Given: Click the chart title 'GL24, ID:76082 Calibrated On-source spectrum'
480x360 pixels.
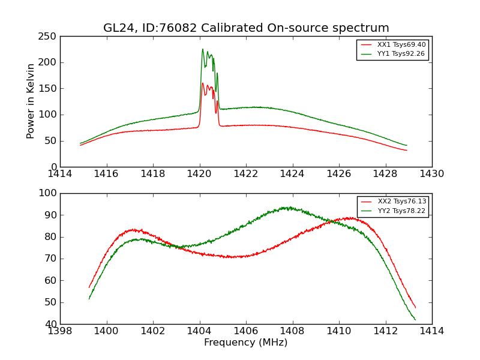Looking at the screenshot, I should [246, 28].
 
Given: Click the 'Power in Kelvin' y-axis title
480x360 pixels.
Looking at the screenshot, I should [31, 101].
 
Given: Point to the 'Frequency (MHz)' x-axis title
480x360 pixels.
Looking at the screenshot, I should [246, 343].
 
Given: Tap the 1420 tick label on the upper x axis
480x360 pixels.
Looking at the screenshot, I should [200, 174].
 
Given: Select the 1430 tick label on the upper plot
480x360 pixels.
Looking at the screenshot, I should [431, 174].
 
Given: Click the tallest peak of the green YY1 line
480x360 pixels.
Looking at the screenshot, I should [203, 49].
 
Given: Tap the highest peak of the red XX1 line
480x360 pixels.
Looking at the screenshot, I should [203, 83].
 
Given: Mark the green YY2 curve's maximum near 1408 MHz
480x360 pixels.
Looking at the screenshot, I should [290, 208].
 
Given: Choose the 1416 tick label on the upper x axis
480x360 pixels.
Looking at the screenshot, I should [107, 174].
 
